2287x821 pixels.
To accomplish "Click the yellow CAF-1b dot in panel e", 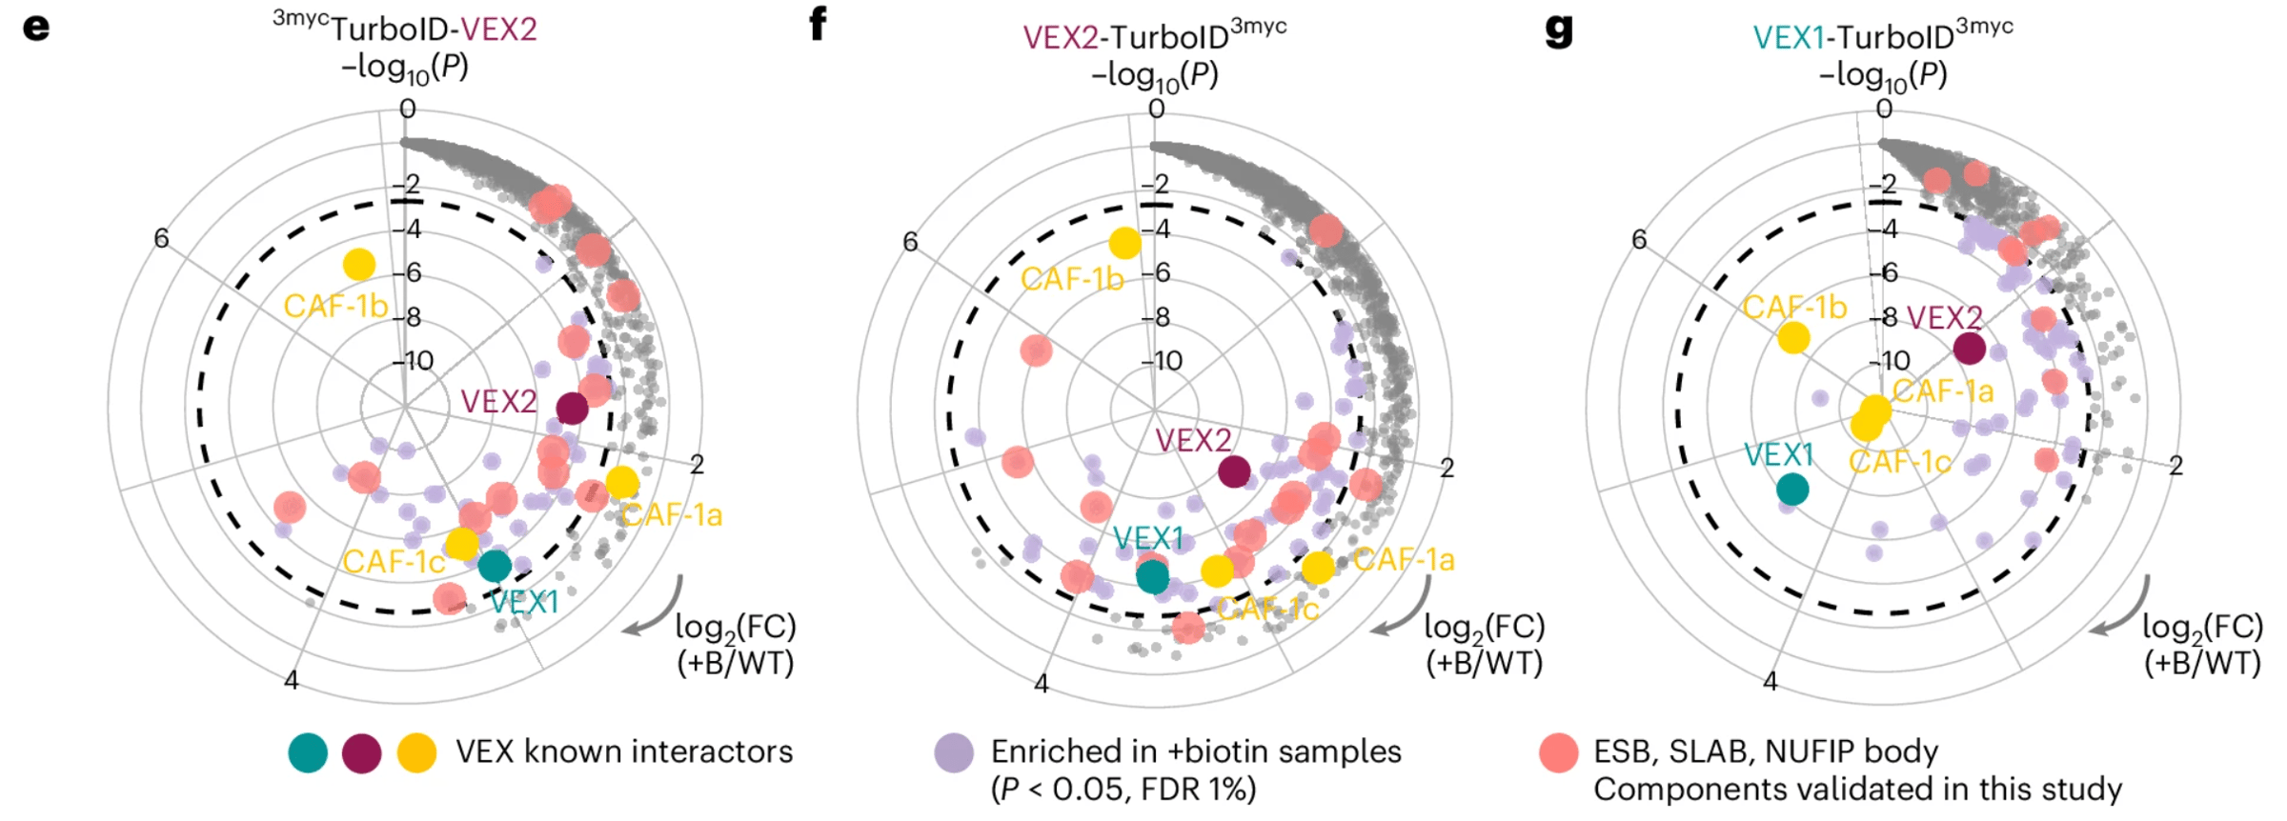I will pyautogui.click(x=359, y=264).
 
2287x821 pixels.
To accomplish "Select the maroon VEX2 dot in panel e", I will pyautogui.click(x=572, y=409).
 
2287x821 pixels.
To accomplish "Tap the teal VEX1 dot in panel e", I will pyautogui.click(x=495, y=566).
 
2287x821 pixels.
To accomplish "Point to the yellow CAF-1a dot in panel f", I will pyautogui.click(x=1318, y=568).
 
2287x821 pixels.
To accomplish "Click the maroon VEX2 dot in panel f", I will pyautogui.click(x=1234, y=471).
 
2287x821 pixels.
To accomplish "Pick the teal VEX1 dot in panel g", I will pyautogui.click(x=1792, y=490).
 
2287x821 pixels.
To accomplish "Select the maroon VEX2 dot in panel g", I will pyautogui.click(x=1970, y=349).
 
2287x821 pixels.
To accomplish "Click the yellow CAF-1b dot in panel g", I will pyautogui.click(x=1793, y=337).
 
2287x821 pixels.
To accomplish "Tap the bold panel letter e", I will pyautogui.click(x=36, y=27).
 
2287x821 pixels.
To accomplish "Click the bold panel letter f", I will pyautogui.click(x=817, y=24).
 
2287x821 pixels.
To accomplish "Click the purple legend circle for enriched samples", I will pyautogui.click(x=954, y=752).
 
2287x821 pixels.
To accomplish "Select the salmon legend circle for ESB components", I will pyautogui.click(x=1559, y=752).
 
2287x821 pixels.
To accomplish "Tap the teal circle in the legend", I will pyautogui.click(x=308, y=752).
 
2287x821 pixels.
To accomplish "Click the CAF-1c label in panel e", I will pyautogui.click(x=394, y=562).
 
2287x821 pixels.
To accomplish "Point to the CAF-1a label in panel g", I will pyautogui.click(x=1943, y=391).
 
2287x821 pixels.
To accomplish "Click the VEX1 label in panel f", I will pyautogui.click(x=1148, y=539).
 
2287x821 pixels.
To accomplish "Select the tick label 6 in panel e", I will pyautogui.click(x=161, y=237).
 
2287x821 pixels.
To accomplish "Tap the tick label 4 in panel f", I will pyautogui.click(x=1042, y=683).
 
